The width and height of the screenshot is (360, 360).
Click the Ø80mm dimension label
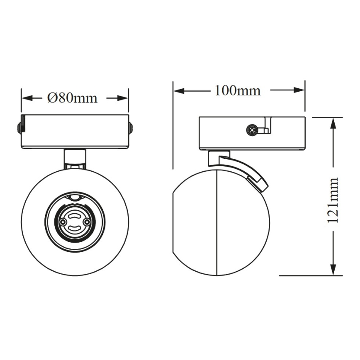tap(72, 98)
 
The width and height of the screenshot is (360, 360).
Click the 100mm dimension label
tap(237, 90)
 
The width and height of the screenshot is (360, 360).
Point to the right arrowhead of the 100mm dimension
tap(299, 90)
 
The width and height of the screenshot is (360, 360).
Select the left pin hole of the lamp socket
tap(63, 222)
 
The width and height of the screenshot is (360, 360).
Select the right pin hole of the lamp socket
tap(87, 222)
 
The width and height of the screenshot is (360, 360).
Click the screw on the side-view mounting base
tap(251, 130)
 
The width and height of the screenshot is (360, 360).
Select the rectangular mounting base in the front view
tap(75, 131)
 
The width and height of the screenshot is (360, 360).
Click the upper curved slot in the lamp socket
tap(75, 216)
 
